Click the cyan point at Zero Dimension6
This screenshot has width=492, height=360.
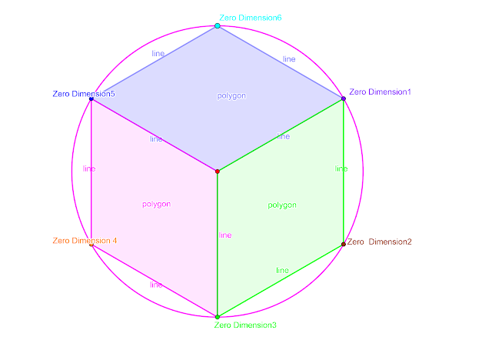pyautogui.click(x=218, y=26)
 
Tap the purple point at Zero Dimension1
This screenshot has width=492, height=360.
pyautogui.click(x=344, y=98)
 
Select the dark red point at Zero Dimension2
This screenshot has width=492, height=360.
pyautogui.click(x=344, y=245)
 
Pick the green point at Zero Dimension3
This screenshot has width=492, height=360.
pyautogui.click(x=218, y=317)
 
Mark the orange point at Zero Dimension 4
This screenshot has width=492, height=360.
pyautogui.click(x=91, y=245)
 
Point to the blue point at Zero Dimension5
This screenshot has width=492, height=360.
pyautogui.click(x=91, y=99)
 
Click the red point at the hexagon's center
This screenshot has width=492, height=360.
pyautogui.click(x=218, y=171)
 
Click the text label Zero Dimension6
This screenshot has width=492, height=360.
pyautogui.click(x=251, y=17)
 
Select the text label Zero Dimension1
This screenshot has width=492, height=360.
pyautogui.click(x=380, y=92)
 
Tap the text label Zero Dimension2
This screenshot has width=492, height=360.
pyautogui.click(x=379, y=242)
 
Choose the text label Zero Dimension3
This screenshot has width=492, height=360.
pyautogui.click(x=245, y=325)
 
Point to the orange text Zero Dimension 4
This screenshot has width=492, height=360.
pyautogui.click(x=85, y=241)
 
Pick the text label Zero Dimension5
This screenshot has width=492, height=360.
pyautogui.click(x=84, y=94)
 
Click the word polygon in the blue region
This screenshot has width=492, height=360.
pyautogui.click(x=231, y=95)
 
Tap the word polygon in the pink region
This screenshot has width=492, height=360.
pyautogui.click(x=156, y=204)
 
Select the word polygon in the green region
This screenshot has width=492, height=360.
pyautogui.click(x=282, y=205)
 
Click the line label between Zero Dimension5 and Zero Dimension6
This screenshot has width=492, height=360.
pyautogui.click(x=158, y=54)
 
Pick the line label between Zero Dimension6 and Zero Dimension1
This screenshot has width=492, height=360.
pyautogui.click(x=289, y=58)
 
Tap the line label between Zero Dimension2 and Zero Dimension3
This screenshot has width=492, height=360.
pyautogui.click(x=282, y=270)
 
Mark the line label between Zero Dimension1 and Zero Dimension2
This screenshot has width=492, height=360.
pyautogui.click(x=341, y=168)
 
